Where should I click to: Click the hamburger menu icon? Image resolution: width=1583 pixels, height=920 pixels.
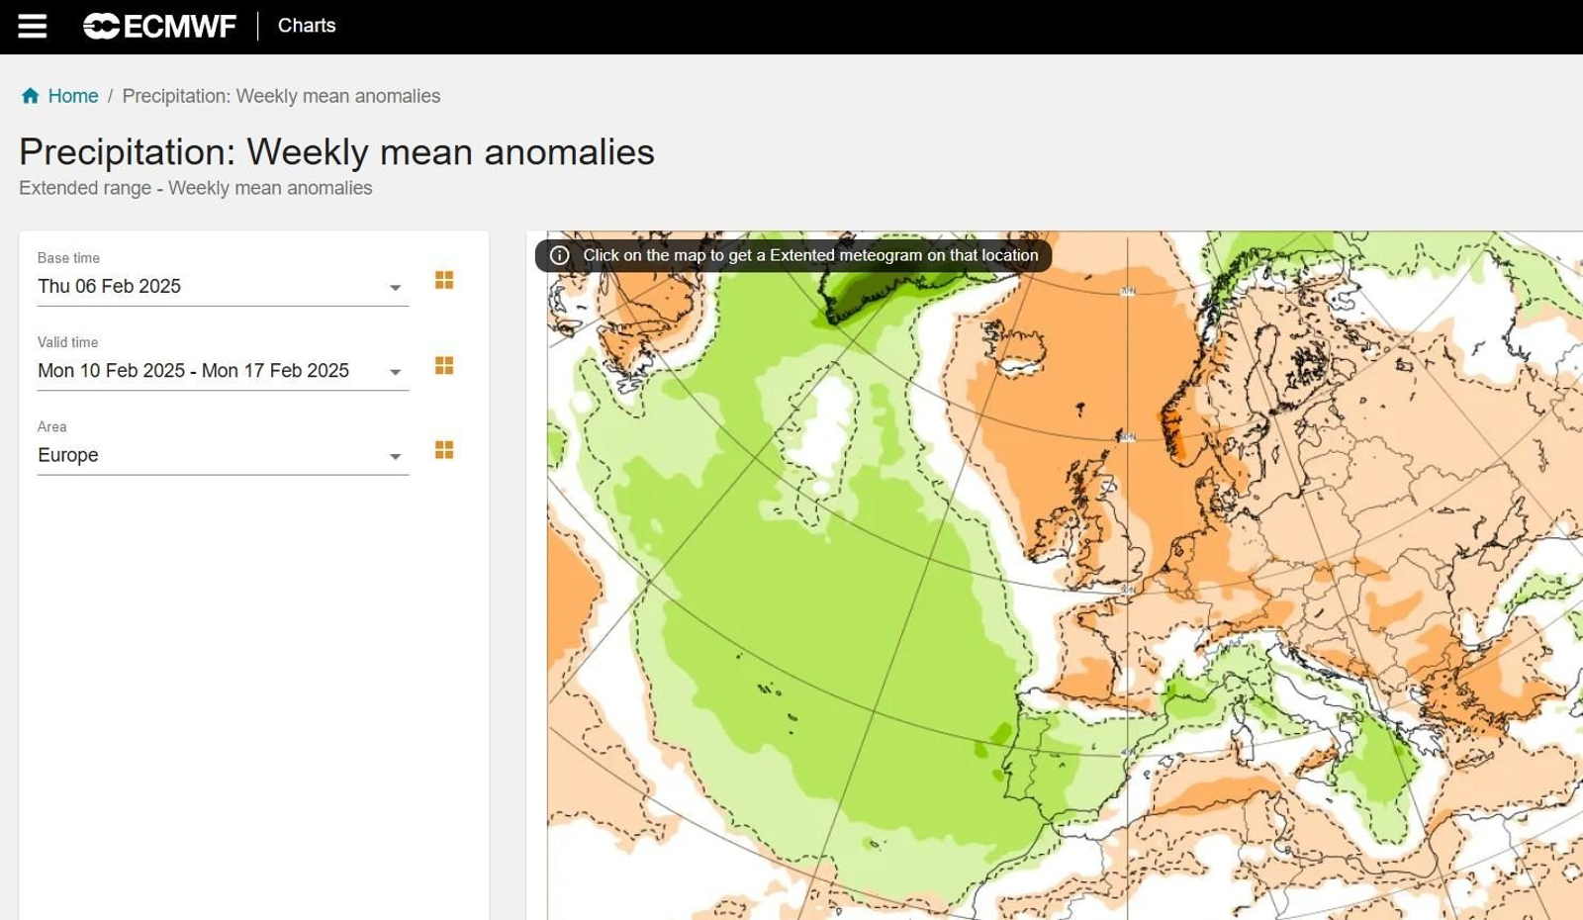point(32,27)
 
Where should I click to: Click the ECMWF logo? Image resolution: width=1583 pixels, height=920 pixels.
point(159,27)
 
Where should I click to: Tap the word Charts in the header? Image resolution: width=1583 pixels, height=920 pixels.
point(307,26)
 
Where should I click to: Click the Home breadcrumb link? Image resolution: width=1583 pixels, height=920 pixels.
point(73,96)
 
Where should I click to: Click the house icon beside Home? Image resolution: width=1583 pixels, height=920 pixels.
point(31,96)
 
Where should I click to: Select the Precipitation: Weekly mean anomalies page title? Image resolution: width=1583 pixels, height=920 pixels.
point(336,152)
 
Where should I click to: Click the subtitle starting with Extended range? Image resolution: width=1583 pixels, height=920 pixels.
point(196,188)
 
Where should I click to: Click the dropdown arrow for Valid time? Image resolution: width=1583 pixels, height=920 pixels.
point(395,372)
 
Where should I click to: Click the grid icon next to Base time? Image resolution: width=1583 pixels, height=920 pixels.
point(444,281)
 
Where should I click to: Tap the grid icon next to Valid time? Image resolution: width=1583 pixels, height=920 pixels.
point(444,366)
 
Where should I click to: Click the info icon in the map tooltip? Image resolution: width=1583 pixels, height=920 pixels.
point(560,255)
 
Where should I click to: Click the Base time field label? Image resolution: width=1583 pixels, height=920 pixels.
point(68,258)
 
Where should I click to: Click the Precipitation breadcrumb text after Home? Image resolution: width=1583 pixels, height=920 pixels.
point(281,96)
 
